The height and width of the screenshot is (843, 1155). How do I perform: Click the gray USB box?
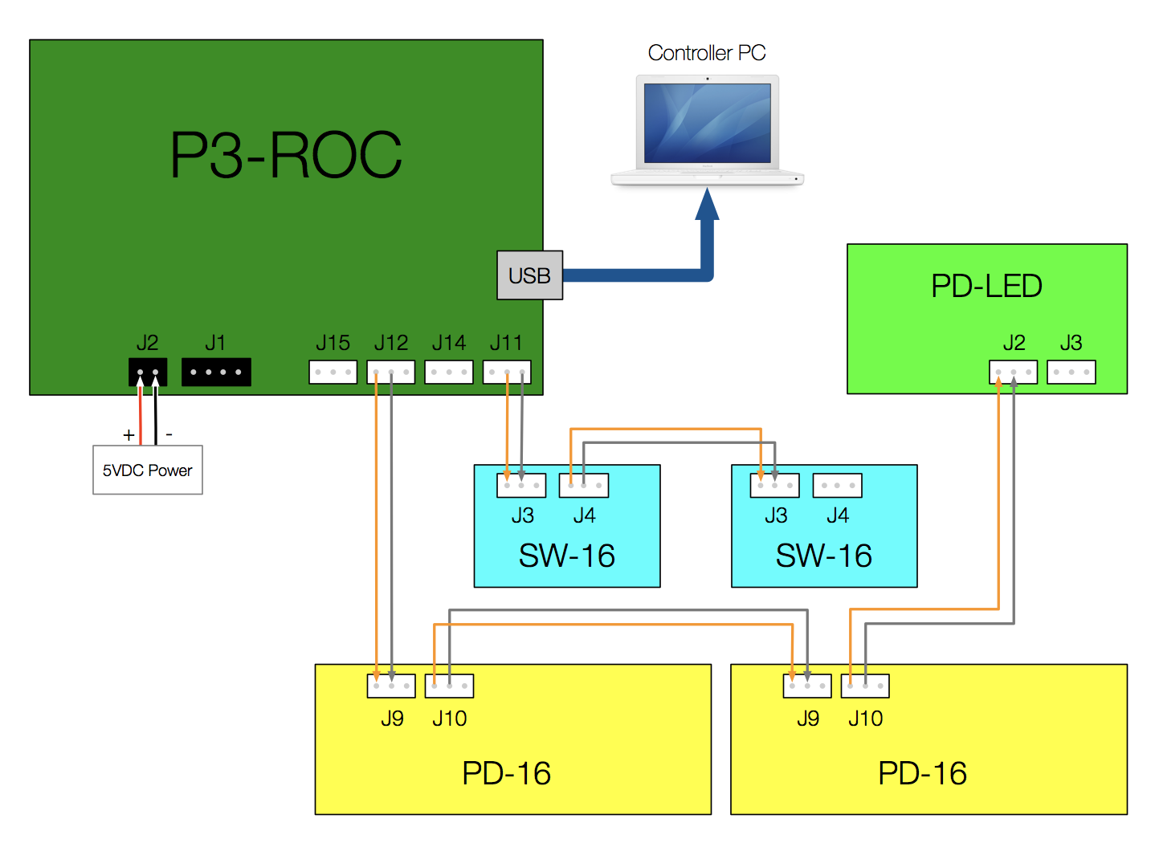pos(529,275)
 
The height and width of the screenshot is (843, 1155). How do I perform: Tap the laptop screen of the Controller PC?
pos(707,123)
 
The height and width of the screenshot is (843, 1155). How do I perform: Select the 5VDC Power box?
pos(148,470)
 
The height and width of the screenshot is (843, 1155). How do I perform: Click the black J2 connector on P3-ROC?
pos(148,372)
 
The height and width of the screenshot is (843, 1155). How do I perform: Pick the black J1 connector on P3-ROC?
pos(216,372)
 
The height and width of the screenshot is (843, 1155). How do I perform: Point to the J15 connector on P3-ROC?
pos(333,372)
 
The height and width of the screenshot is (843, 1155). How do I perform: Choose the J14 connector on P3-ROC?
pos(449,372)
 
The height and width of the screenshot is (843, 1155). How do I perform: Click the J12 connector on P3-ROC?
pos(391,372)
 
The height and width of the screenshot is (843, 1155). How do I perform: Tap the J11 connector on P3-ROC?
pos(507,372)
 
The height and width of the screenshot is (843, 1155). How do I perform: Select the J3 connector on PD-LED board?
pos(1071,372)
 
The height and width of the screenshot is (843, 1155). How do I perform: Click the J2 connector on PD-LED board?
pos(1014,372)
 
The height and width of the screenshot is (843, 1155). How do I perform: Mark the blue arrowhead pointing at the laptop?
pos(707,204)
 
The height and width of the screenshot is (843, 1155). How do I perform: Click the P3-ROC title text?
pos(286,155)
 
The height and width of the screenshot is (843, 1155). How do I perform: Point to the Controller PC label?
pos(707,53)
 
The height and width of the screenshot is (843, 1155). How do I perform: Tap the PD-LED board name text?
pos(986,286)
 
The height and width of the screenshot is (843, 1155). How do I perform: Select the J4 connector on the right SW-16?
pos(838,485)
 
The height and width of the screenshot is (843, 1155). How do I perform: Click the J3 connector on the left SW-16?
pos(521,485)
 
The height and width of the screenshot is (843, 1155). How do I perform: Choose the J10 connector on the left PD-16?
pos(449,686)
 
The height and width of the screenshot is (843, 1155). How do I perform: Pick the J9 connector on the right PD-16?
pos(807,686)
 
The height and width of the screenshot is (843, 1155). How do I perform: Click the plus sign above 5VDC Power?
pos(129,435)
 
